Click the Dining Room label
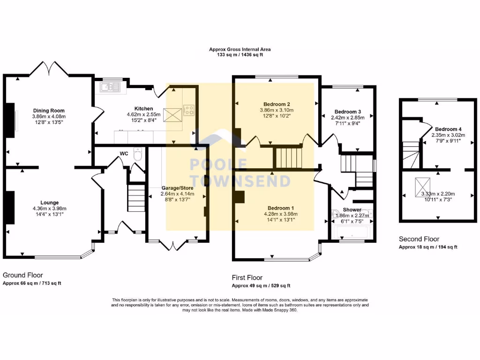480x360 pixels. pos(49,111)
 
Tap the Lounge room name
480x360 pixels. pos(50,202)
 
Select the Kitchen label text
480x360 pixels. pos(143,108)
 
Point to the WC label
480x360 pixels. pos(124,153)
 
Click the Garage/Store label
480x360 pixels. pos(178,188)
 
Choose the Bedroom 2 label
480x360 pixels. pos(277,104)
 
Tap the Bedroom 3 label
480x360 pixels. pos(348,112)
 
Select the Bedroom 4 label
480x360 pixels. pos(448,129)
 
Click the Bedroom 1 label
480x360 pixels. pos(281,208)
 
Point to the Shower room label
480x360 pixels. pos(352,210)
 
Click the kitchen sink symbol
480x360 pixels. pos(109,87)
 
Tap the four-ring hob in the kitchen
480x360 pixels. pos(188,110)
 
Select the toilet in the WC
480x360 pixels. pos(138,154)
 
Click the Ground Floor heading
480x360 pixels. pos(22,275)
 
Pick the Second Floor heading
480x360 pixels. pos(419,239)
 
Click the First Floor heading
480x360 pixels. pos(247,277)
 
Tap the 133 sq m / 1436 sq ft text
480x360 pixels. pos(240,55)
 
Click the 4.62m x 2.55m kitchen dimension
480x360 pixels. pos(143,114)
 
